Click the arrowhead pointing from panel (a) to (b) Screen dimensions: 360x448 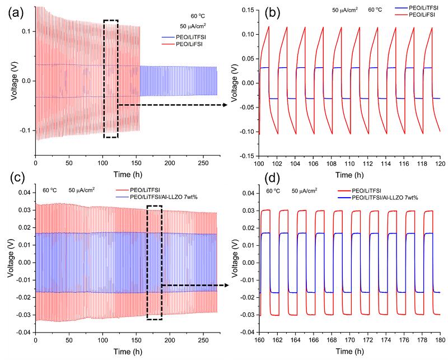(x=231, y=105)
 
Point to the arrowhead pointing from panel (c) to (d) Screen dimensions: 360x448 (x=230, y=286)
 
